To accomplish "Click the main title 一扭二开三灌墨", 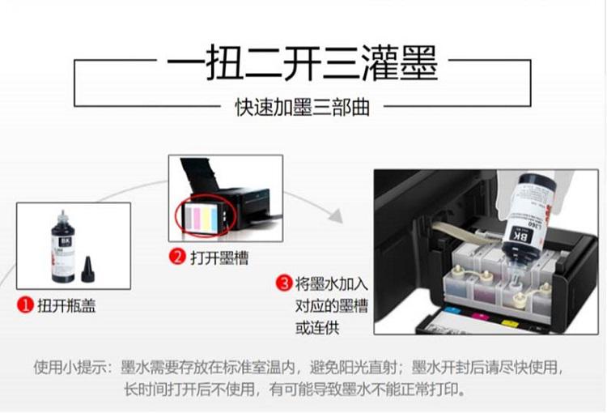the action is click(x=303, y=63).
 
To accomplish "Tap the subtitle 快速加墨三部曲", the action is click(x=303, y=108).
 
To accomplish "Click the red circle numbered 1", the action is click(x=26, y=305).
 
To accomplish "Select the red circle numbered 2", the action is click(x=178, y=257).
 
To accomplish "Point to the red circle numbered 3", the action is click(x=285, y=283).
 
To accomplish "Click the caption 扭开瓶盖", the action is click(x=66, y=305).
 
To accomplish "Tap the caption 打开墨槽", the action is click(x=219, y=258).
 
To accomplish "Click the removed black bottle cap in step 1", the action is click(x=88, y=269).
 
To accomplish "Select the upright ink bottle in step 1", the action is click(x=63, y=247).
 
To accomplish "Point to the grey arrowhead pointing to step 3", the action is click(x=336, y=215).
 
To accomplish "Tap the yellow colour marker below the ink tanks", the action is click(x=507, y=322).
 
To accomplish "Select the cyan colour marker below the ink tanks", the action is click(x=452, y=311).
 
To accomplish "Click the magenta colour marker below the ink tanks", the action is click(x=481, y=316).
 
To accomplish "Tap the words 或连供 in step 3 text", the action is click(x=317, y=328).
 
